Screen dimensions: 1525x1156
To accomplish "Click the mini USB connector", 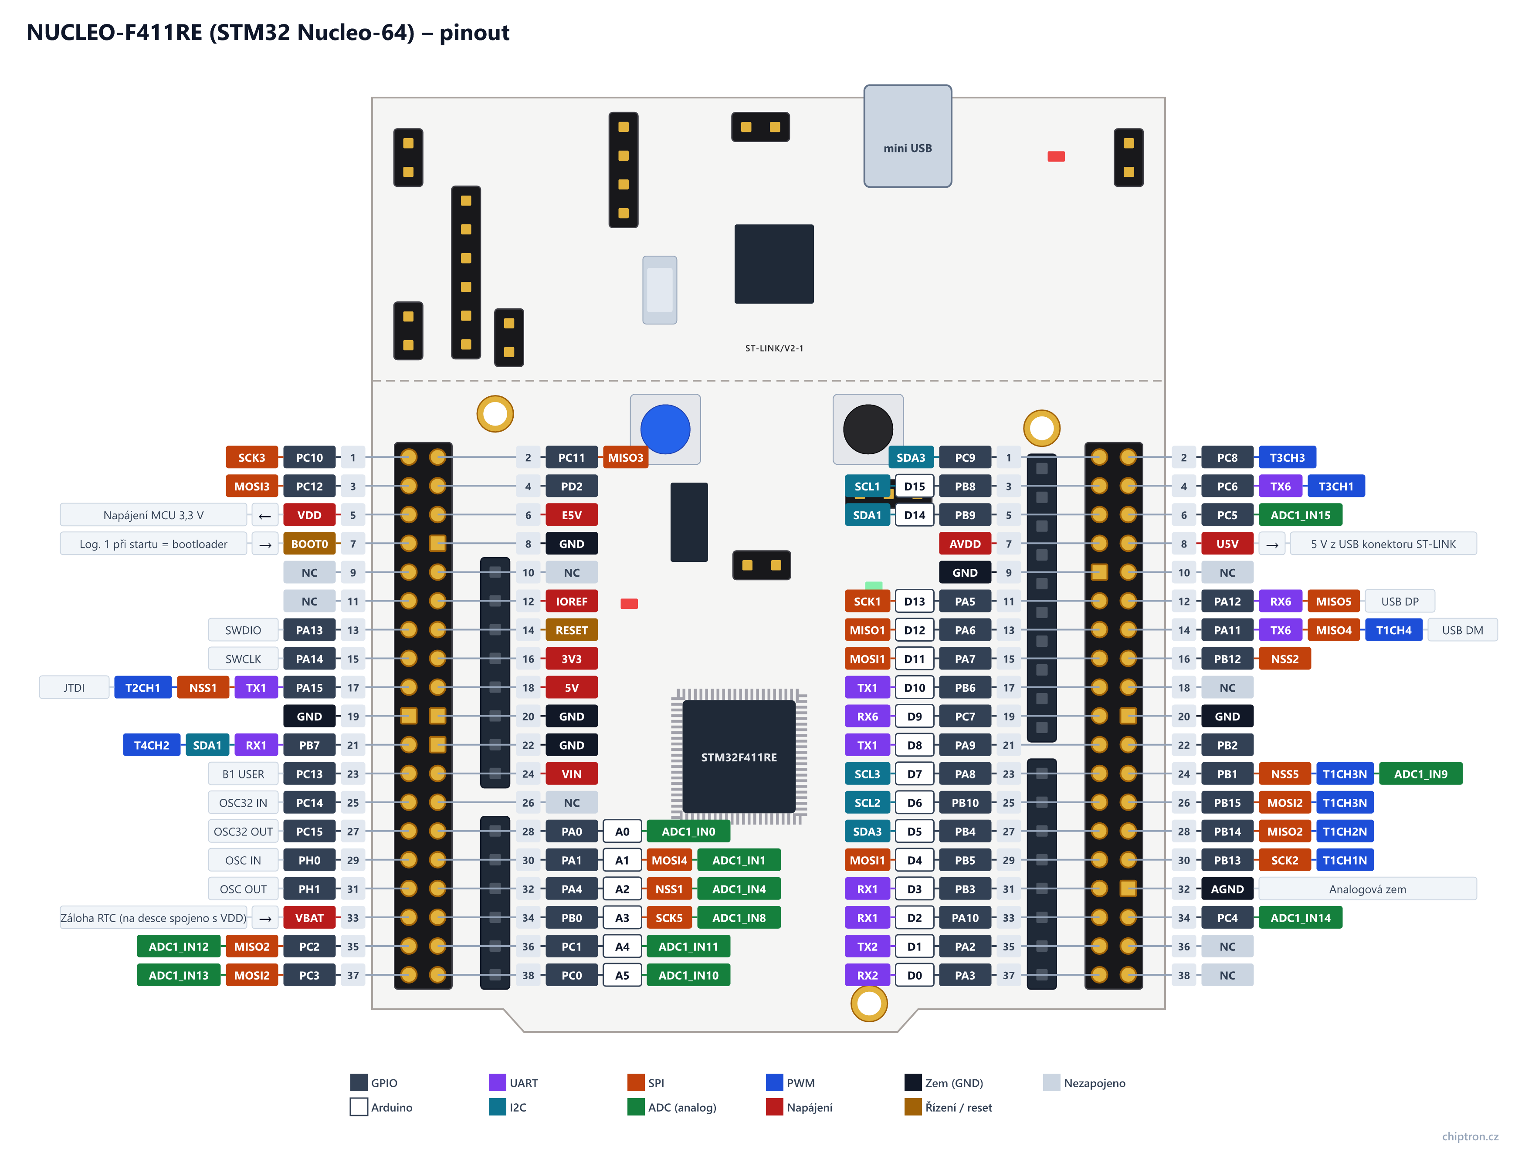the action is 907,136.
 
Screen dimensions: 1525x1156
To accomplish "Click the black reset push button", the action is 868,429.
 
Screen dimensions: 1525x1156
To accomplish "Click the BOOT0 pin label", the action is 309,544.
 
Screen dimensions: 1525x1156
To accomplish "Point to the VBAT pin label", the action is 309,917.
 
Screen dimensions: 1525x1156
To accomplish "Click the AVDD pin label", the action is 965,544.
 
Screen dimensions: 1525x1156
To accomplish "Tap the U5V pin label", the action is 1227,544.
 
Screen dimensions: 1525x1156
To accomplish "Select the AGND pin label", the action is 1227,889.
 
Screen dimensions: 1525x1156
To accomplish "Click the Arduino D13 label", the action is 914,601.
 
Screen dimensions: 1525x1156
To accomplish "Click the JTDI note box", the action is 74,687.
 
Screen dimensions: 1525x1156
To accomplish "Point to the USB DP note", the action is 1400,601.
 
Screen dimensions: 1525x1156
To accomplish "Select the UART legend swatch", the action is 497,1082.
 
